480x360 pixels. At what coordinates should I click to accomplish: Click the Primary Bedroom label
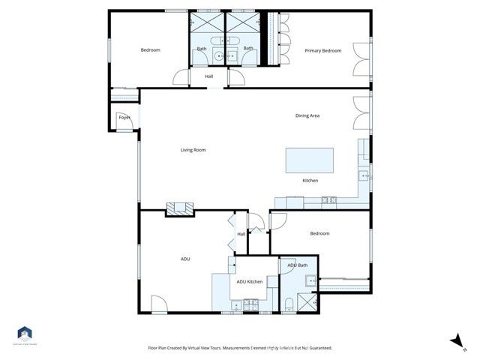click(x=322, y=50)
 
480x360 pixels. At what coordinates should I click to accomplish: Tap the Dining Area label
click(x=307, y=115)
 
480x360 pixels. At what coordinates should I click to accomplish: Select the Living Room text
click(x=193, y=150)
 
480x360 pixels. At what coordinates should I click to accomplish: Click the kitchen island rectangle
click(x=310, y=160)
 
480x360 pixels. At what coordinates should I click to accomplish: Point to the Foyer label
click(x=124, y=118)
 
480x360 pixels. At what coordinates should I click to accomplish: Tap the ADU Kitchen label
click(x=250, y=281)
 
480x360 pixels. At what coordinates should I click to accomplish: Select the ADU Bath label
click(x=297, y=265)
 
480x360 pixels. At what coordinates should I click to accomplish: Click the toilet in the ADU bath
click(x=289, y=304)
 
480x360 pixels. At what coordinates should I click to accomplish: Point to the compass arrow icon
click(x=454, y=341)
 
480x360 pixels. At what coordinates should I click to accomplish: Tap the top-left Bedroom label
click(x=151, y=50)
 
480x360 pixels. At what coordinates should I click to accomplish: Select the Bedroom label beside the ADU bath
click(x=319, y=233)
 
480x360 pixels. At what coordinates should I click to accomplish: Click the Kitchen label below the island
click(x=310, y=181)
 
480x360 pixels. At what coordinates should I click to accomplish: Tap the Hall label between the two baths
click(x=209, y=76)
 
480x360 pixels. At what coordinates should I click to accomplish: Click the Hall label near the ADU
click(x=241, y=234)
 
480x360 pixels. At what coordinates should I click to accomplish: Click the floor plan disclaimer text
click(x=240, y=348)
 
